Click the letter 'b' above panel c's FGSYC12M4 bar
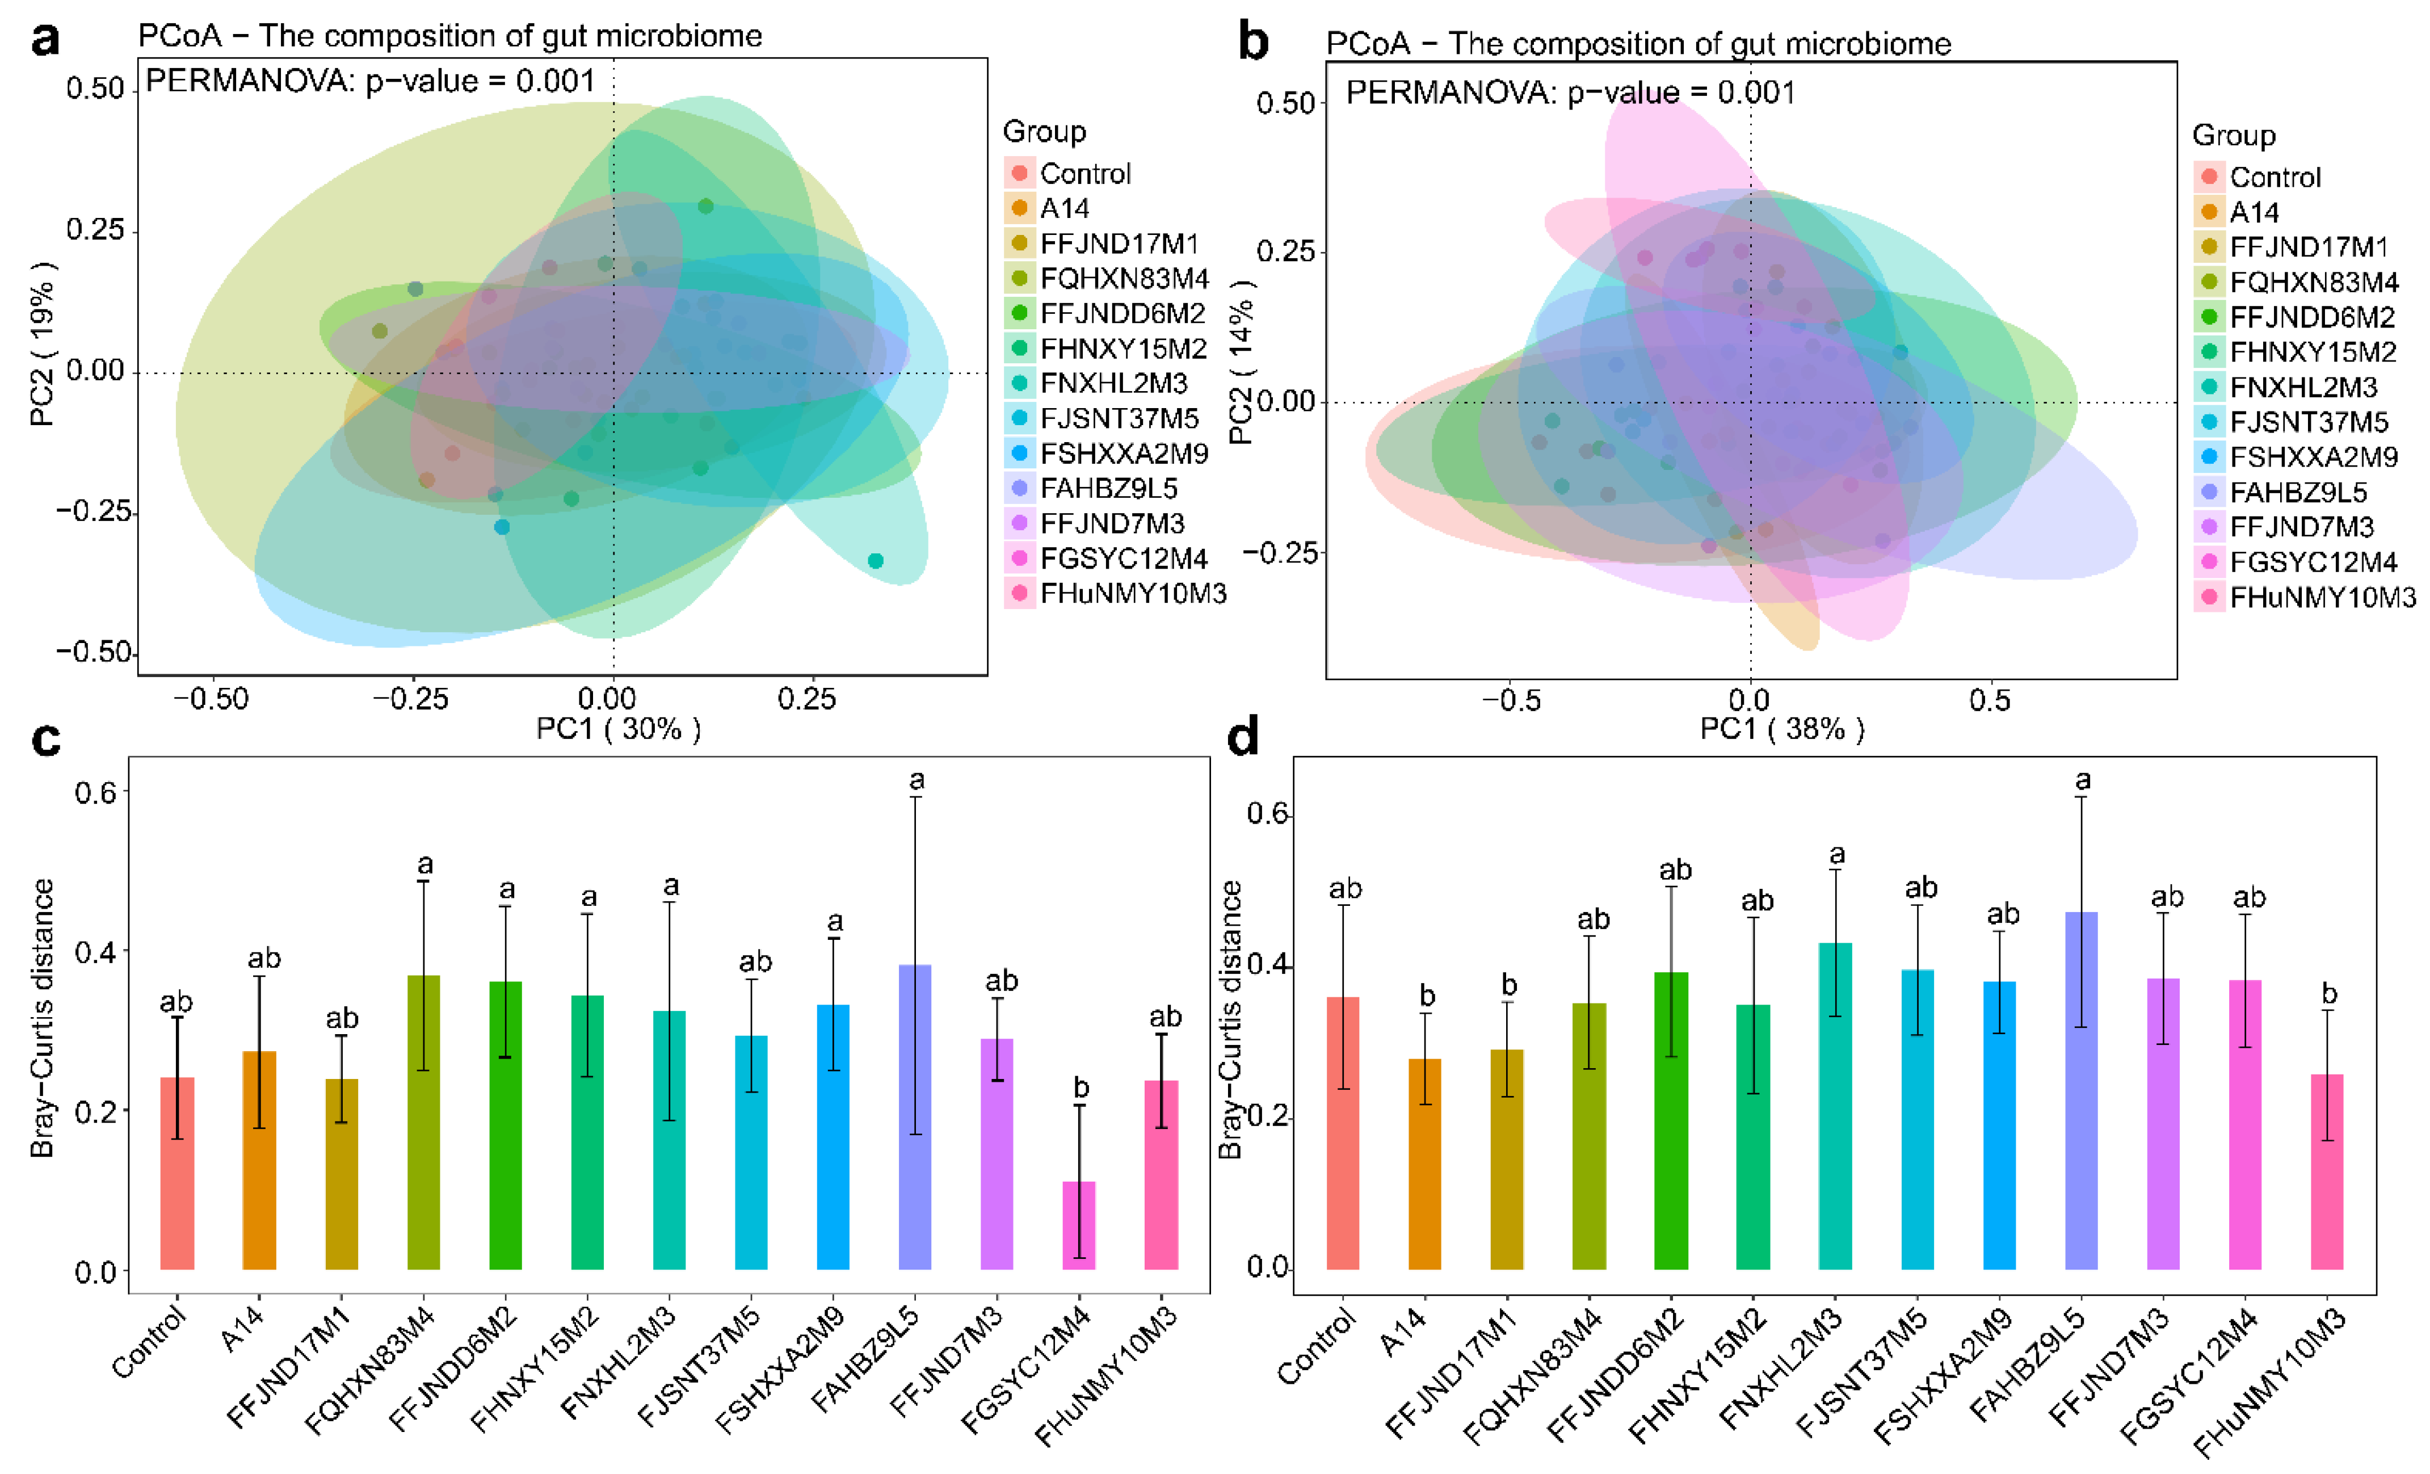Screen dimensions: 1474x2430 1081,1087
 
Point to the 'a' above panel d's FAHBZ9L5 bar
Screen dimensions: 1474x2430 2082,780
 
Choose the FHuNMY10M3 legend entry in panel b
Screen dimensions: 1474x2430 2322,597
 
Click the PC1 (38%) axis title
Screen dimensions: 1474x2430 1781,729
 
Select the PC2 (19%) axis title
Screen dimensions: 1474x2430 43,343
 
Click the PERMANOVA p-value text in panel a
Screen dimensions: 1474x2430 370,81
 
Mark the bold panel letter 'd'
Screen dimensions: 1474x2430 1243,737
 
